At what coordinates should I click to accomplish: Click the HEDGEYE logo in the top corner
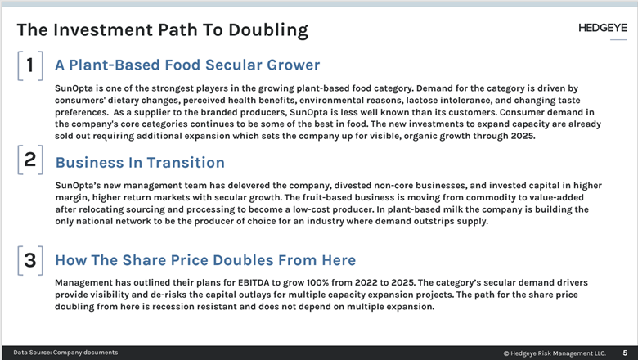coord(603,29)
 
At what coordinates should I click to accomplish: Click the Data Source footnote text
coord(65,353)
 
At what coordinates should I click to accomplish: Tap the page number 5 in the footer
coord(626,353)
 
